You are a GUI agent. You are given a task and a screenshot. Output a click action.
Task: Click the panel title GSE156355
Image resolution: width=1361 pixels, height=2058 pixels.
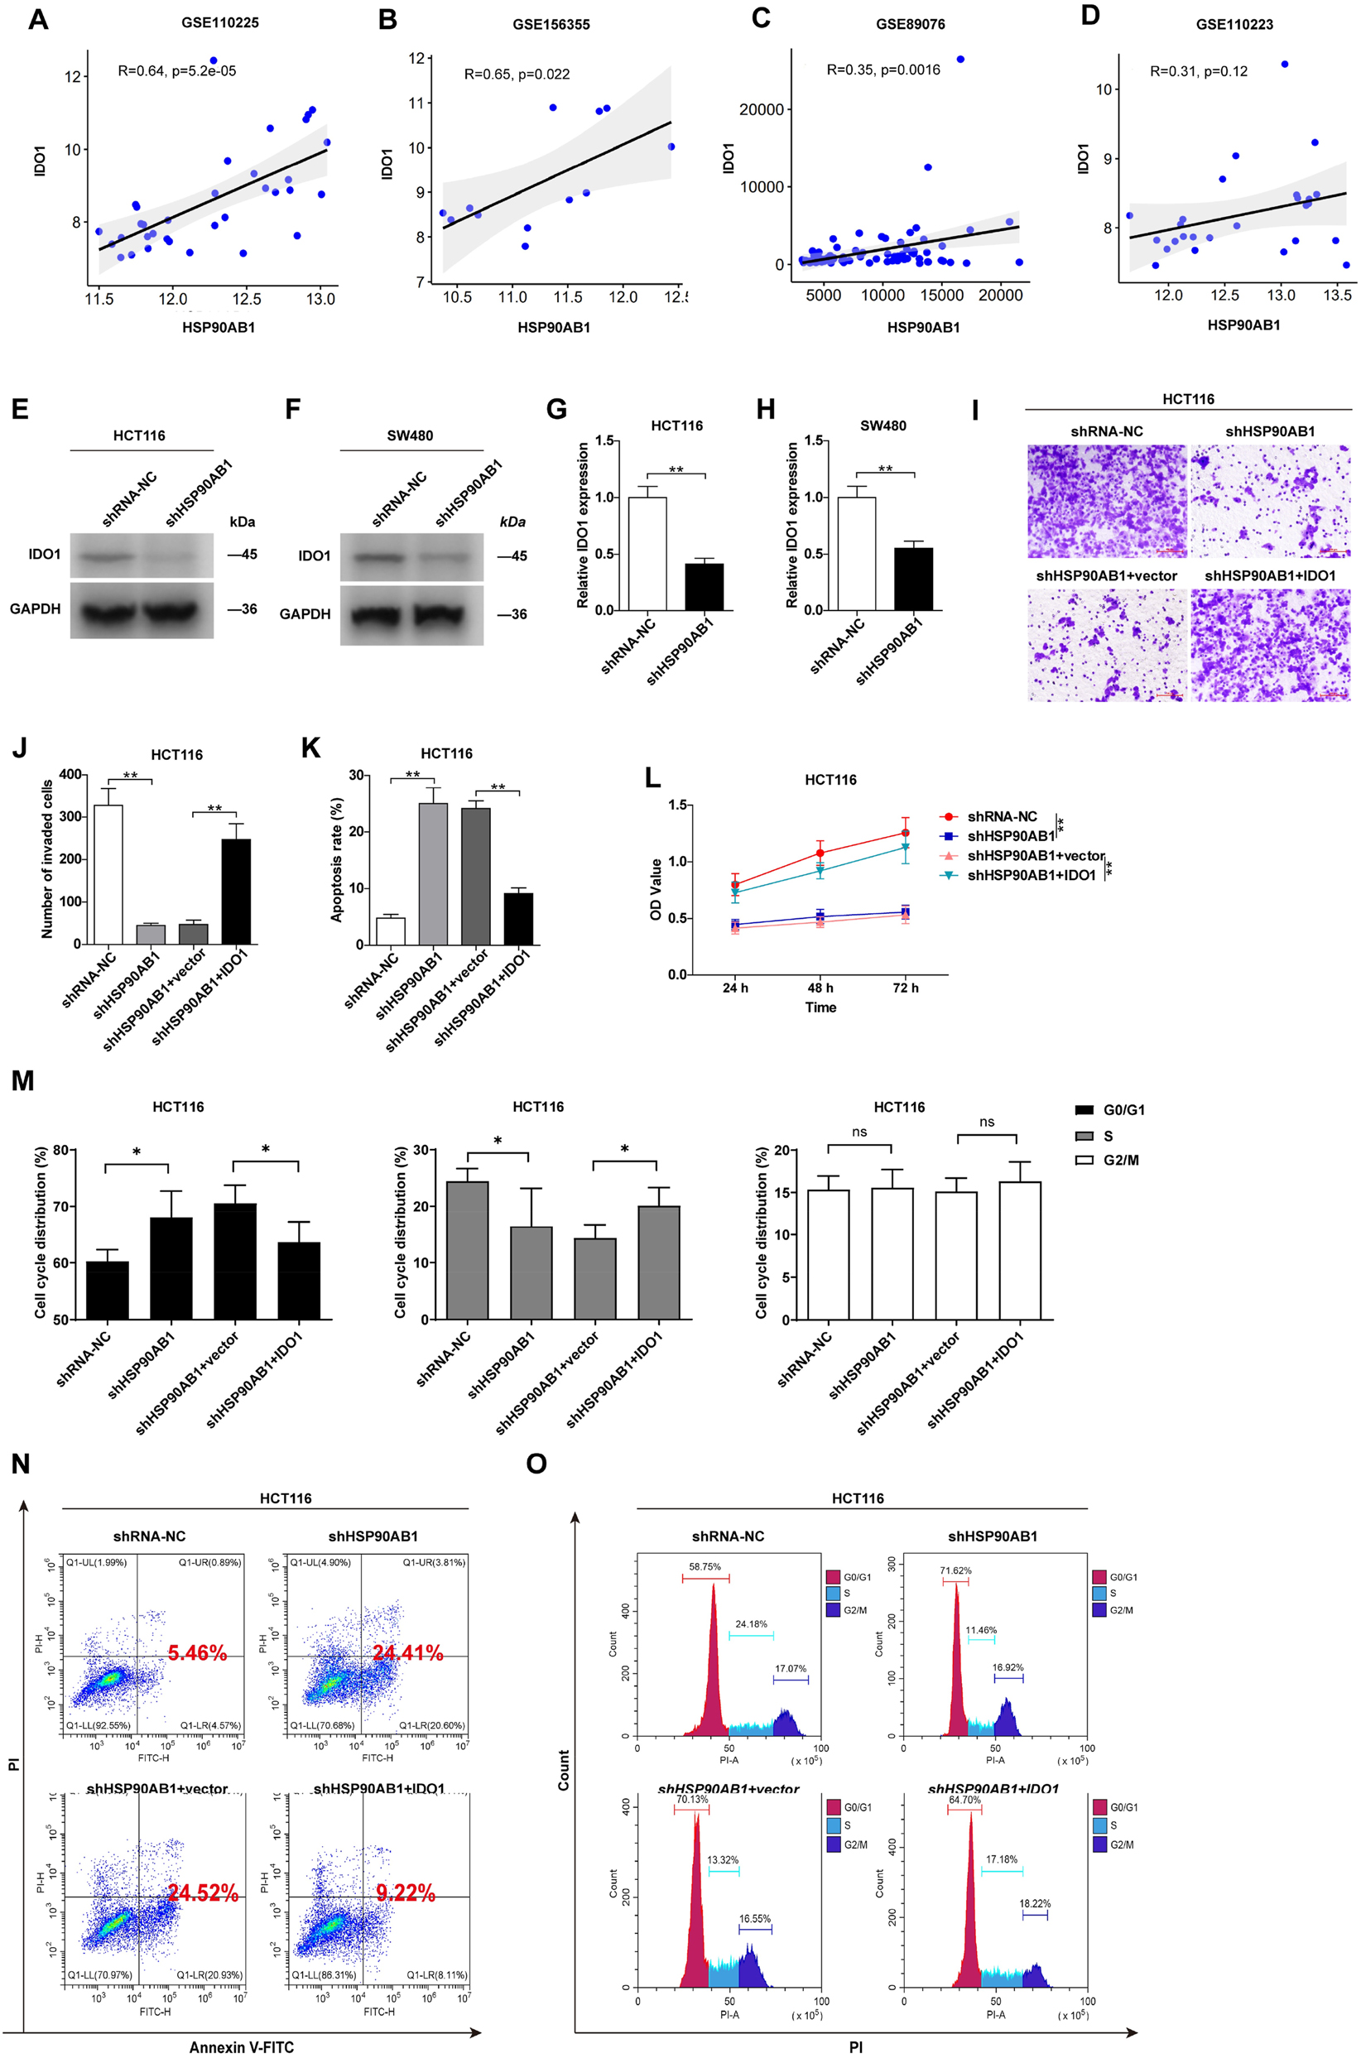coord(551,24)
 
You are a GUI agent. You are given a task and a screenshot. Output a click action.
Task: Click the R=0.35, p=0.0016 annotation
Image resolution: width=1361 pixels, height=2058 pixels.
coord(882,70)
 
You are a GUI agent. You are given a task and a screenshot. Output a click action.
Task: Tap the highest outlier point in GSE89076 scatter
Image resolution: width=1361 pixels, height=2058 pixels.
coord(960,59)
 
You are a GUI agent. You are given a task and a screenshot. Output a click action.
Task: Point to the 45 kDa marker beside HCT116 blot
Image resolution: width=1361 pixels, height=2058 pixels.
coord(243,554)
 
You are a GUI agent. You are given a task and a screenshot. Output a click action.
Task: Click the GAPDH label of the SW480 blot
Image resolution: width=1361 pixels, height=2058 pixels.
coord(305,613)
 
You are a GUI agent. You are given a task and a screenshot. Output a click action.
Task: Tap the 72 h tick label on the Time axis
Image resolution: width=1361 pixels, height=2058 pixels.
coord(906,988)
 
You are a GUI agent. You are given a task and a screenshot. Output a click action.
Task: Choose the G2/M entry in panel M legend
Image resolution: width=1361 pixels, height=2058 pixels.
coord(1121,1160)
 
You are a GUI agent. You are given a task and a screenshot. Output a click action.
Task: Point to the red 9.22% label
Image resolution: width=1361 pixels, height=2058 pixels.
coord(406,1893)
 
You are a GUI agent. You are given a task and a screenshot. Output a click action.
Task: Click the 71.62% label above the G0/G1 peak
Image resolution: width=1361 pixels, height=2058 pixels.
coord(955,1570)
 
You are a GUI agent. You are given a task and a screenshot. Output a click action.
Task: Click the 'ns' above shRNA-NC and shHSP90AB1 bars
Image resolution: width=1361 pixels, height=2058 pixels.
coord(858,1132)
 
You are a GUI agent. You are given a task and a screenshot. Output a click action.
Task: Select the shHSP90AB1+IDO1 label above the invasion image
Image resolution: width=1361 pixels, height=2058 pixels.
coord(1270,575)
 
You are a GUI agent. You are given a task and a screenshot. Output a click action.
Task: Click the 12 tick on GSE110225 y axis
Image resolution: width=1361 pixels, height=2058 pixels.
coord(72,77)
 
